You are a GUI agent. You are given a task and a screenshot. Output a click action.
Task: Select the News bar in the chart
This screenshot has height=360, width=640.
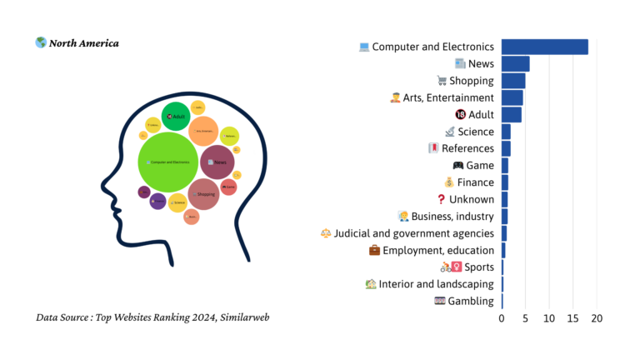tap(515, 64)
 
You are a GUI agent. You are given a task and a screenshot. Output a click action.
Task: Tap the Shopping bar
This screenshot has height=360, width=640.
tap(513, 81)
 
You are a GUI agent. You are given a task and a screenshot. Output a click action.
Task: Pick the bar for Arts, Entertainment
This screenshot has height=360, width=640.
tap(512, 97)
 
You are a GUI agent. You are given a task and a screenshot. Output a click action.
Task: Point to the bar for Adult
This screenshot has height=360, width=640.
tap(511, 114)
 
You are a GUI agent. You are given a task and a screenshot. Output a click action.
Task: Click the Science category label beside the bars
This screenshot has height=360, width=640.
tap(476, 132)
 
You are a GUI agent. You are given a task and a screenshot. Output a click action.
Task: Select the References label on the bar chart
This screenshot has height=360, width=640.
tap(467, 148)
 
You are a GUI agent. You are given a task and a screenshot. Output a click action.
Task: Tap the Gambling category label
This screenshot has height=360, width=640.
tap(471, 301)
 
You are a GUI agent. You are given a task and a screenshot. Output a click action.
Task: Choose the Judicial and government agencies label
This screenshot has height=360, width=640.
tap(414, 233)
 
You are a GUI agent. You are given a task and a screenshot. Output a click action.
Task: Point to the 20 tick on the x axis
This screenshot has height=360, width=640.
tap(597, 318)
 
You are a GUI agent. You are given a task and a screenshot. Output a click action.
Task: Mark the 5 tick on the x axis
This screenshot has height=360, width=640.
tap(525, 318)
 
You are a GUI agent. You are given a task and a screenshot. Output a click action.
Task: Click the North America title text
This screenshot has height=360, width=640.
tap(83, 43)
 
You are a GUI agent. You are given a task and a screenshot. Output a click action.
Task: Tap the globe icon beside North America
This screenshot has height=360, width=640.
tap(41, 42)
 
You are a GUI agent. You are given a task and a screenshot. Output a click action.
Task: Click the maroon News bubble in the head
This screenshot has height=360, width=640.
tap(217, 162)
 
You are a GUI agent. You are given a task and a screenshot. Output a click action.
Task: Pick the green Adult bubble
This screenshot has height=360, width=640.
tap(177, 117)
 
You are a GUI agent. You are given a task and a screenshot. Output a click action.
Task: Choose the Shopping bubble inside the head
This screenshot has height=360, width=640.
tap(203, 194)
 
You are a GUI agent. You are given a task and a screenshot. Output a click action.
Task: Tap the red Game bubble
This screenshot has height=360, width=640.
tap(229, 187)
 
